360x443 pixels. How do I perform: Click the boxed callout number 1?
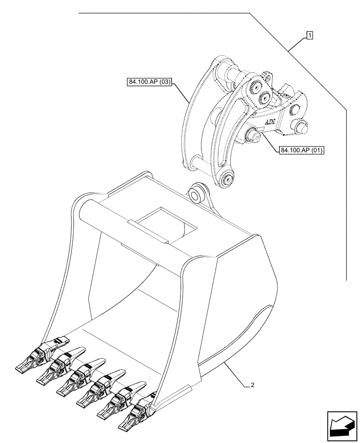tap(309, 35)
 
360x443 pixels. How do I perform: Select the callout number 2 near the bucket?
tap(252, 385)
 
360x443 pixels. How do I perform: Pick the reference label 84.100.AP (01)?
tap(301, 151)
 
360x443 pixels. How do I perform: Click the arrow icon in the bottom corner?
tap(341, 426)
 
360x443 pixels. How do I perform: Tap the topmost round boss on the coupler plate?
tap(257, 85)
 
